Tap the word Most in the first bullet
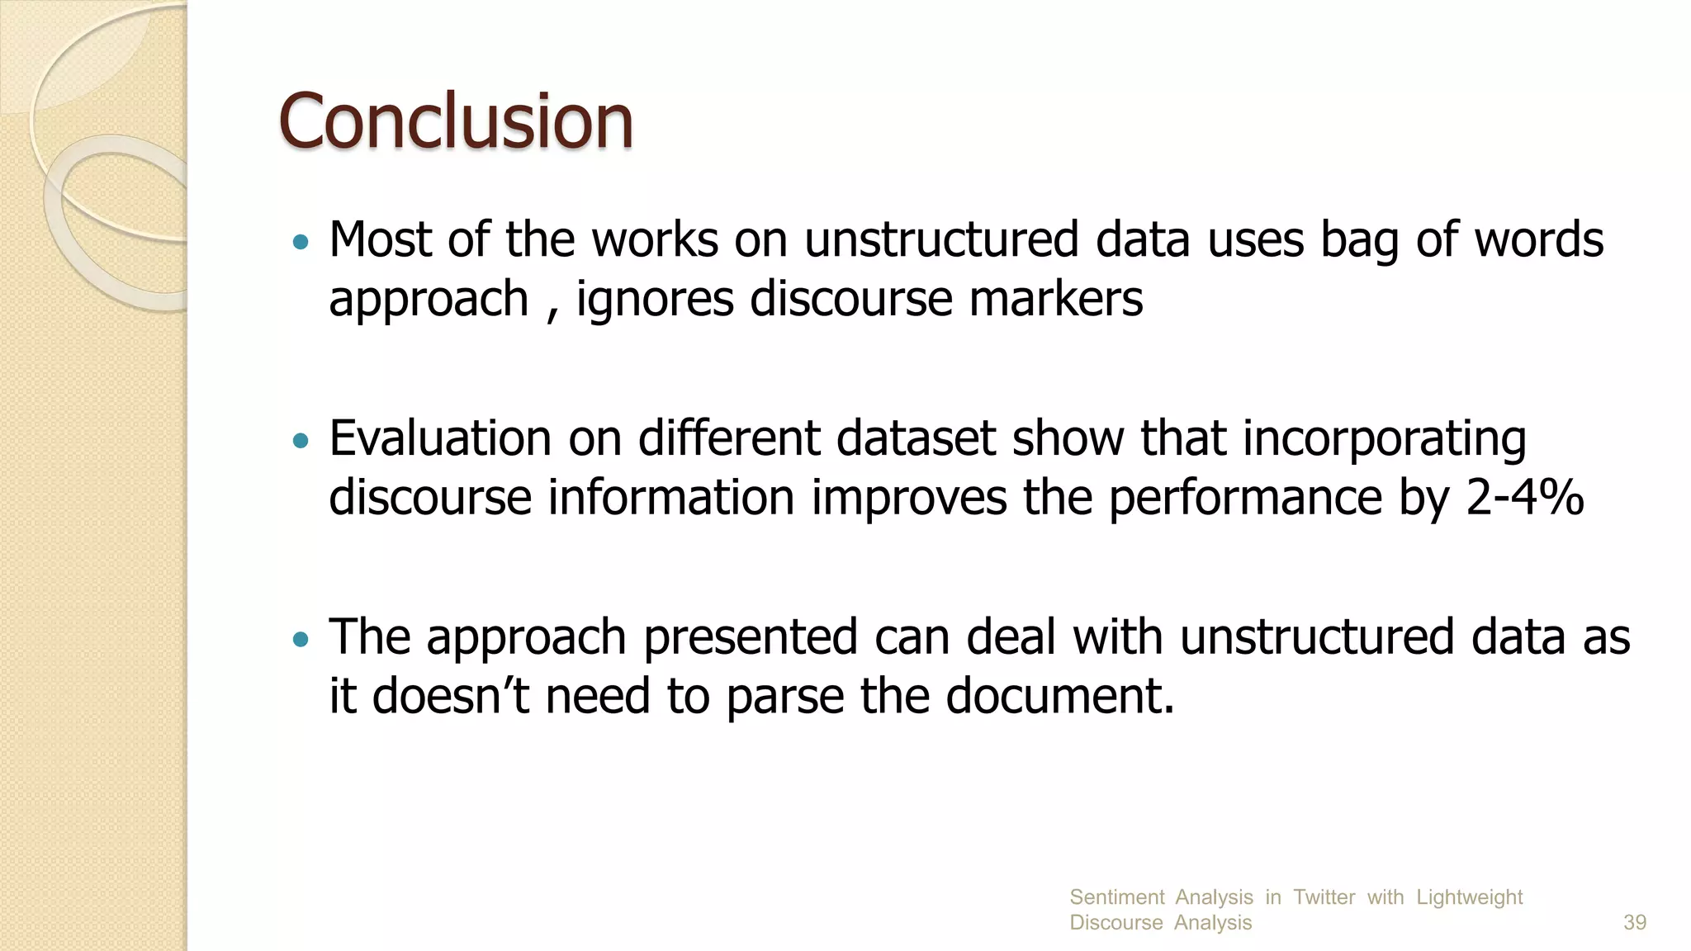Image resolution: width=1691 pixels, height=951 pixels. (x=380, y=239)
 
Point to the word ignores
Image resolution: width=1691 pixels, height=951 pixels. (x=655, y=299)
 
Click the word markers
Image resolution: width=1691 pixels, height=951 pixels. (x=1056, y=299)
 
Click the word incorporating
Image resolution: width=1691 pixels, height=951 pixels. (x=1384, y=439)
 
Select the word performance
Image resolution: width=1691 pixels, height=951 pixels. (x=1245, y=499)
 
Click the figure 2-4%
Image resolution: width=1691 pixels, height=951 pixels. (x=1524, y=498)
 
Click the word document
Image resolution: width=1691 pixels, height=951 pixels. (x=1059, y=696)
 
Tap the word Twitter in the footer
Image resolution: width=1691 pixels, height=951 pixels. (x=1324, y=897)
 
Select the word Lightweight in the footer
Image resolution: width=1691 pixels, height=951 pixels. (x=1469, y=897)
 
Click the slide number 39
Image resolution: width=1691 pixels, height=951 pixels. (x=1634, y=923)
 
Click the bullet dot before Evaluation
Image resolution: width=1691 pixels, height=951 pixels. (x=301, y=441)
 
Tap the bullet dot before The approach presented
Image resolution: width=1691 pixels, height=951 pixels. (x=301, y=639)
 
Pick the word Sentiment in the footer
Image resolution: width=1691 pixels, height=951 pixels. (x=1116, y=897)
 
